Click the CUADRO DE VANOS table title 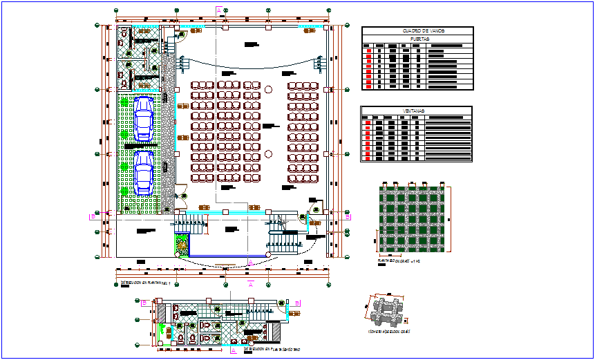(x=417, y=31)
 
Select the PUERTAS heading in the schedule (x=417, y=39)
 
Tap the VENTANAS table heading (x=415, y=111)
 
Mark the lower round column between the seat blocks (x=269, y=153)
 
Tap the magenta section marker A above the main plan (x=219, y=10)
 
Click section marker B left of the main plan (x=93, y=216)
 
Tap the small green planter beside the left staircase (x=182, y=243)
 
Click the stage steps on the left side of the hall (x=183, y=64)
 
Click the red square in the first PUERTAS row (x=369, y=51)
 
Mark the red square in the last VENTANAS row (x=369, y=158)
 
